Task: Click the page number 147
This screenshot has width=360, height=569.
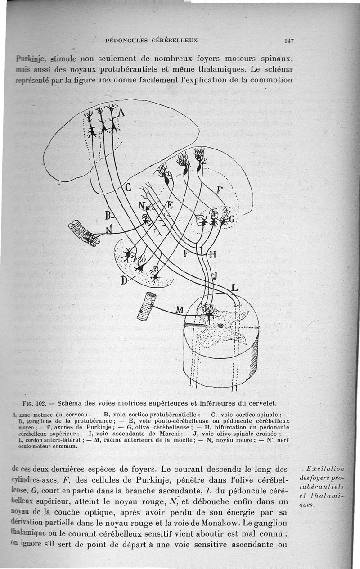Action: [288, 41]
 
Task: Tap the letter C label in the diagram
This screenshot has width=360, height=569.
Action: [127, 188]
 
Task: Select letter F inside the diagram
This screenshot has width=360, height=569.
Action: [219, 189]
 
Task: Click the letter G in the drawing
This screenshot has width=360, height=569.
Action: [232, 219]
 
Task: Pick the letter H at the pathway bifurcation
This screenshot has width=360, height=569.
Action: [213, 254]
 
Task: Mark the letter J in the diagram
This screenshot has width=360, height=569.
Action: [215, 275]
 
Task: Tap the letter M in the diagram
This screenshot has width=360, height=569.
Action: [179, 310]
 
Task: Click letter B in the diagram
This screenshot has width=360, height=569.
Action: [108, 215]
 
